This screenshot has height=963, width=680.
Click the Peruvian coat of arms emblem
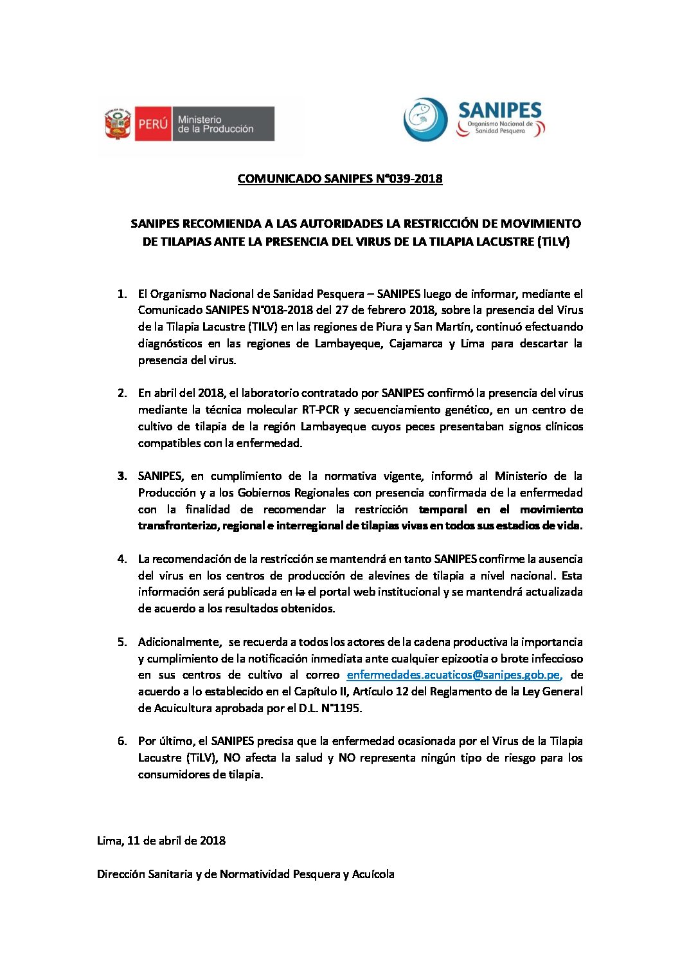[x=118, y=124]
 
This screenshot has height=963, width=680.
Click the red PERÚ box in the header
[x=153, y=124]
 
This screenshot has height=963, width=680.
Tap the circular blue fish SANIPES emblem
[x=425, y=120]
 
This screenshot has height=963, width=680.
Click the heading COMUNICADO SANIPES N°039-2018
[x=340, y=179]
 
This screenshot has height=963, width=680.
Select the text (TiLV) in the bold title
[x=553, y=242]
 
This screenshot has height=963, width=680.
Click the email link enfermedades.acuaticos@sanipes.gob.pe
[x=453, y=675]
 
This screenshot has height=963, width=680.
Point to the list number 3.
[x=122, y=476]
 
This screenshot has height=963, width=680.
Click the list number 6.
[x=122, y=741]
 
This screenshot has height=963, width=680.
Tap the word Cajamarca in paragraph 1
[x=416, y=344]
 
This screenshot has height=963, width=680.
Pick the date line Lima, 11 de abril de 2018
[x=161, y=841]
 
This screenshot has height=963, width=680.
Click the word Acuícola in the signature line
[x=373, y=874]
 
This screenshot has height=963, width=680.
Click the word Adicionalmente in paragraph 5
[x=179, y=642]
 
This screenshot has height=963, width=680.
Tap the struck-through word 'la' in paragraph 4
[x=300, y=592]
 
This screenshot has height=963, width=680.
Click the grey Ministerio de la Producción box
[x=222, y=124]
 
